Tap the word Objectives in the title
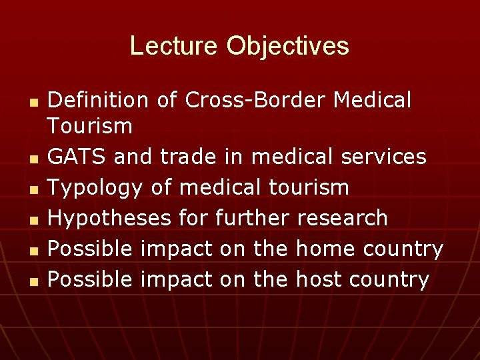[287, 46]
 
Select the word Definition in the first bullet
[99, 100]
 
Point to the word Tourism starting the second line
[90, 125]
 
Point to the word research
[342, 218]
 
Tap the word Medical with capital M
[372, 100]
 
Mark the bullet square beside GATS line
[33, 159]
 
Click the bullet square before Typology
[33, 189]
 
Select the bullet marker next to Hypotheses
[33, 220]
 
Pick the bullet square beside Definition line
[33, 103]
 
